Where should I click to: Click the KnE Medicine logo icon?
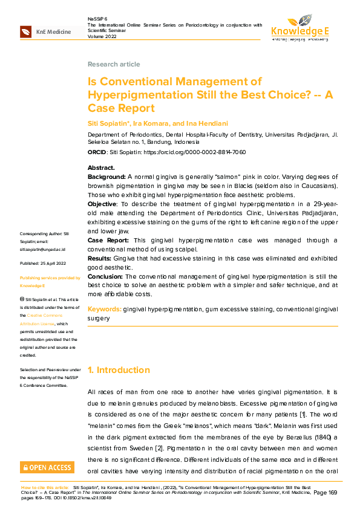pyautogui.click(x=26, y=31)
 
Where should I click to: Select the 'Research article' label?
pyautogui.click(x=114, y=64)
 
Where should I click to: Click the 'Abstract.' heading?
pyautogui.click(x=101, y=167)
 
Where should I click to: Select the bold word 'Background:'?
pyautogui.click(x=106, y=175)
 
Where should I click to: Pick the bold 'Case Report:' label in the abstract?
pyautogui.click(x=108, y=240)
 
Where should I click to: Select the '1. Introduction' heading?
pyautogui.click(x=119, y=370)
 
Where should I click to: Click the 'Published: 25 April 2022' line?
pyautogui.click(x=42, y=264)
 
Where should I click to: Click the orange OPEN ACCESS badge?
pyautogui.click(x=47, y=467)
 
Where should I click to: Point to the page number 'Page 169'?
pyautogui.click(x=325, y=493)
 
